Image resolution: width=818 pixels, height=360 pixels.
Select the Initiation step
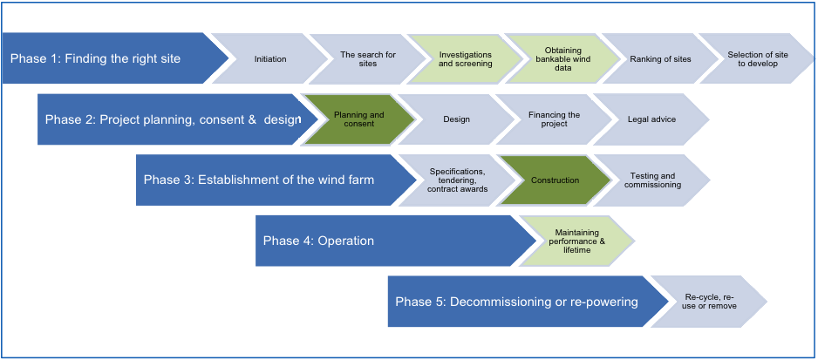270,59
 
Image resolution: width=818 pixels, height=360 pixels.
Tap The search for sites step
368,59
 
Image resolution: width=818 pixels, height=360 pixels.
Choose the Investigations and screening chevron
465,59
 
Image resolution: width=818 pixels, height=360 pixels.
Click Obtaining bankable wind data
562,59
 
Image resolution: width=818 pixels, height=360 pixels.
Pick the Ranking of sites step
660,59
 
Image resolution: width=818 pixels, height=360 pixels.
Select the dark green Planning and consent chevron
358,119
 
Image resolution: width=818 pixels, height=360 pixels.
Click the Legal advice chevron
651,119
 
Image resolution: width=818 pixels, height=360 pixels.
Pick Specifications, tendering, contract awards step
458,180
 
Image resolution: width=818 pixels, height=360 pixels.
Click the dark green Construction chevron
555,180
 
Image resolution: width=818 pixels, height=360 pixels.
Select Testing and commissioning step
652,180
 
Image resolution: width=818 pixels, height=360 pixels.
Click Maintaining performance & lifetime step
576,241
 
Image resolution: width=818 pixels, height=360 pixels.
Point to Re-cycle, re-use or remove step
710,302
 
